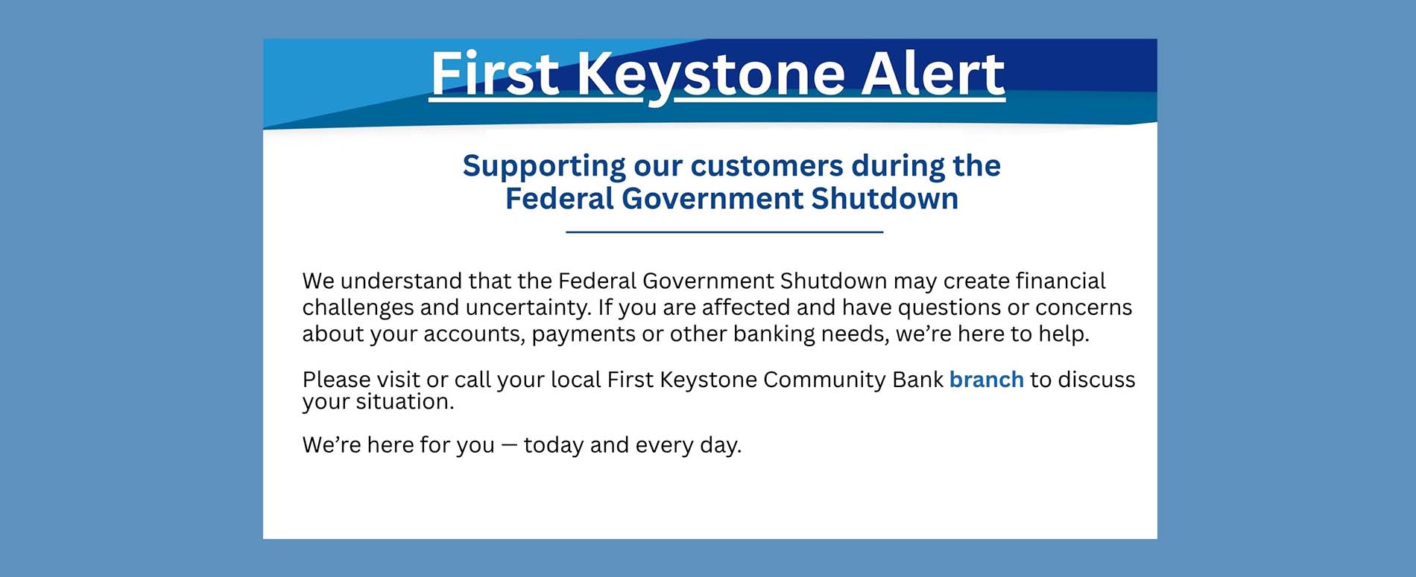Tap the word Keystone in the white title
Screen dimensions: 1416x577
711,75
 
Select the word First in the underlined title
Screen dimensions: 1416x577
495,74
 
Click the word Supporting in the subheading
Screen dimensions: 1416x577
544,166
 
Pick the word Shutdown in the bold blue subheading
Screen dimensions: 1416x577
885,199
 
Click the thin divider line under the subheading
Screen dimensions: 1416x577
724,232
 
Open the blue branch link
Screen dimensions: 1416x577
987,380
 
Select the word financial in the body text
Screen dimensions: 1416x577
1061,281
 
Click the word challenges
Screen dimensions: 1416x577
358,308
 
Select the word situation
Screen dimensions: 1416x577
405,402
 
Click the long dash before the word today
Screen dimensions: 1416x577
509,445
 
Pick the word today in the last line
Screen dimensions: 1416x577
554,445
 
